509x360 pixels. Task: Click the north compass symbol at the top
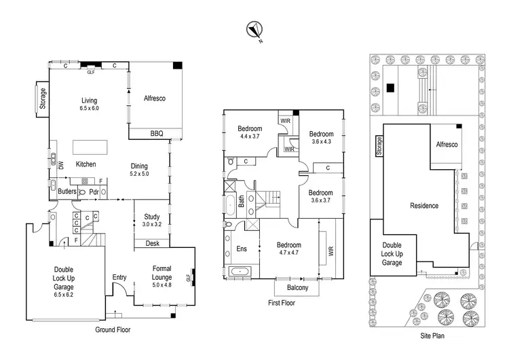tap(256, 29)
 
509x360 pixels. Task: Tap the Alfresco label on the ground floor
tap(155, 98)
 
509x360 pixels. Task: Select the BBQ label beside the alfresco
tap(157, 134)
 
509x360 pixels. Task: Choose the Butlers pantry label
tap(67, 192)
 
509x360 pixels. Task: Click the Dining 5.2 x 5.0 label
tap(140, 169)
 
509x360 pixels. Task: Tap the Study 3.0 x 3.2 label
tap(151, 220)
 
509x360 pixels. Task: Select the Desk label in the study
tap(152, 242)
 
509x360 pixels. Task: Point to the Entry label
tap(119, 277)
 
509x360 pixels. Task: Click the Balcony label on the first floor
tap(296, 288)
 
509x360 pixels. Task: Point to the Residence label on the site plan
tap(423, 206)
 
